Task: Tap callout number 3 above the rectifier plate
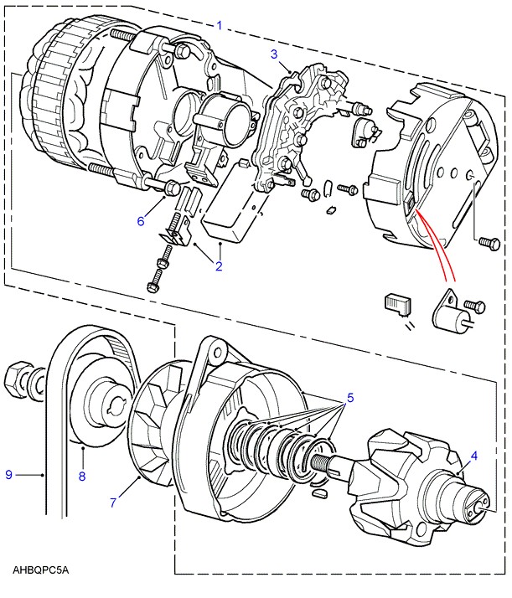pos(274,55)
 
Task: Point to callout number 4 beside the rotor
pos(473,456)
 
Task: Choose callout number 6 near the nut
pos(142,221)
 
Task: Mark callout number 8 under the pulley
pos(82,477)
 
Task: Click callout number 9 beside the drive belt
pos(10,475)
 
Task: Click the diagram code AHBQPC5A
pos(41,570)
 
